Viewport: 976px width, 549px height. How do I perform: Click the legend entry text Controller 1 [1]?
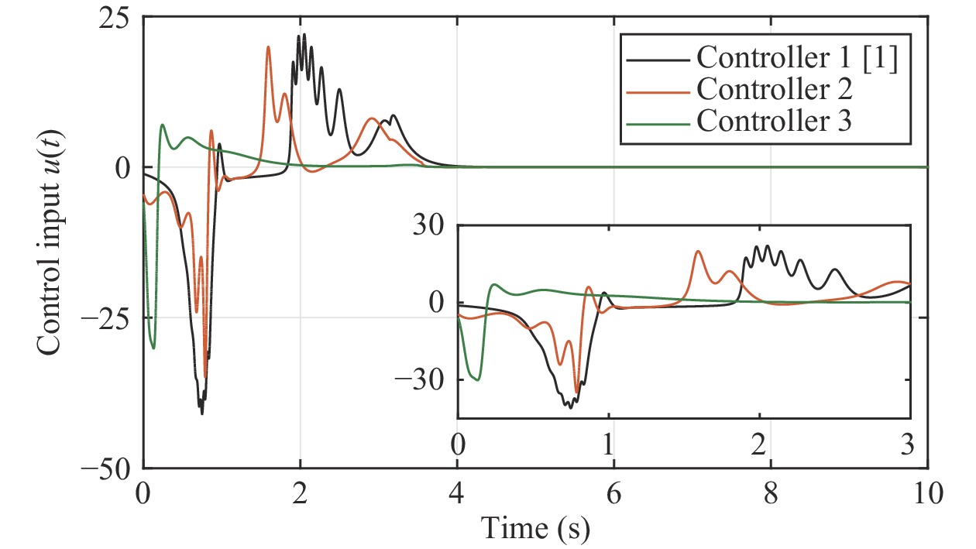797,59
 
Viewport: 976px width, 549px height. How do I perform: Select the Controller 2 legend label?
775,90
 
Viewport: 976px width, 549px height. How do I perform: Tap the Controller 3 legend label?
775,121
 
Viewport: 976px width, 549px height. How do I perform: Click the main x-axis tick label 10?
926,494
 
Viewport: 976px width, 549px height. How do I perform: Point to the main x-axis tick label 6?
614,494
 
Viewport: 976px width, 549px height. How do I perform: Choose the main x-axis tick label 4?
457,494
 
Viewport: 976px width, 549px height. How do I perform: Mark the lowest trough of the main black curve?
202,413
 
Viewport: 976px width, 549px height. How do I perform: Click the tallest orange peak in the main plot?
268,47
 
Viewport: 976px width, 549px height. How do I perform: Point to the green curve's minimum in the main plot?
153,348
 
